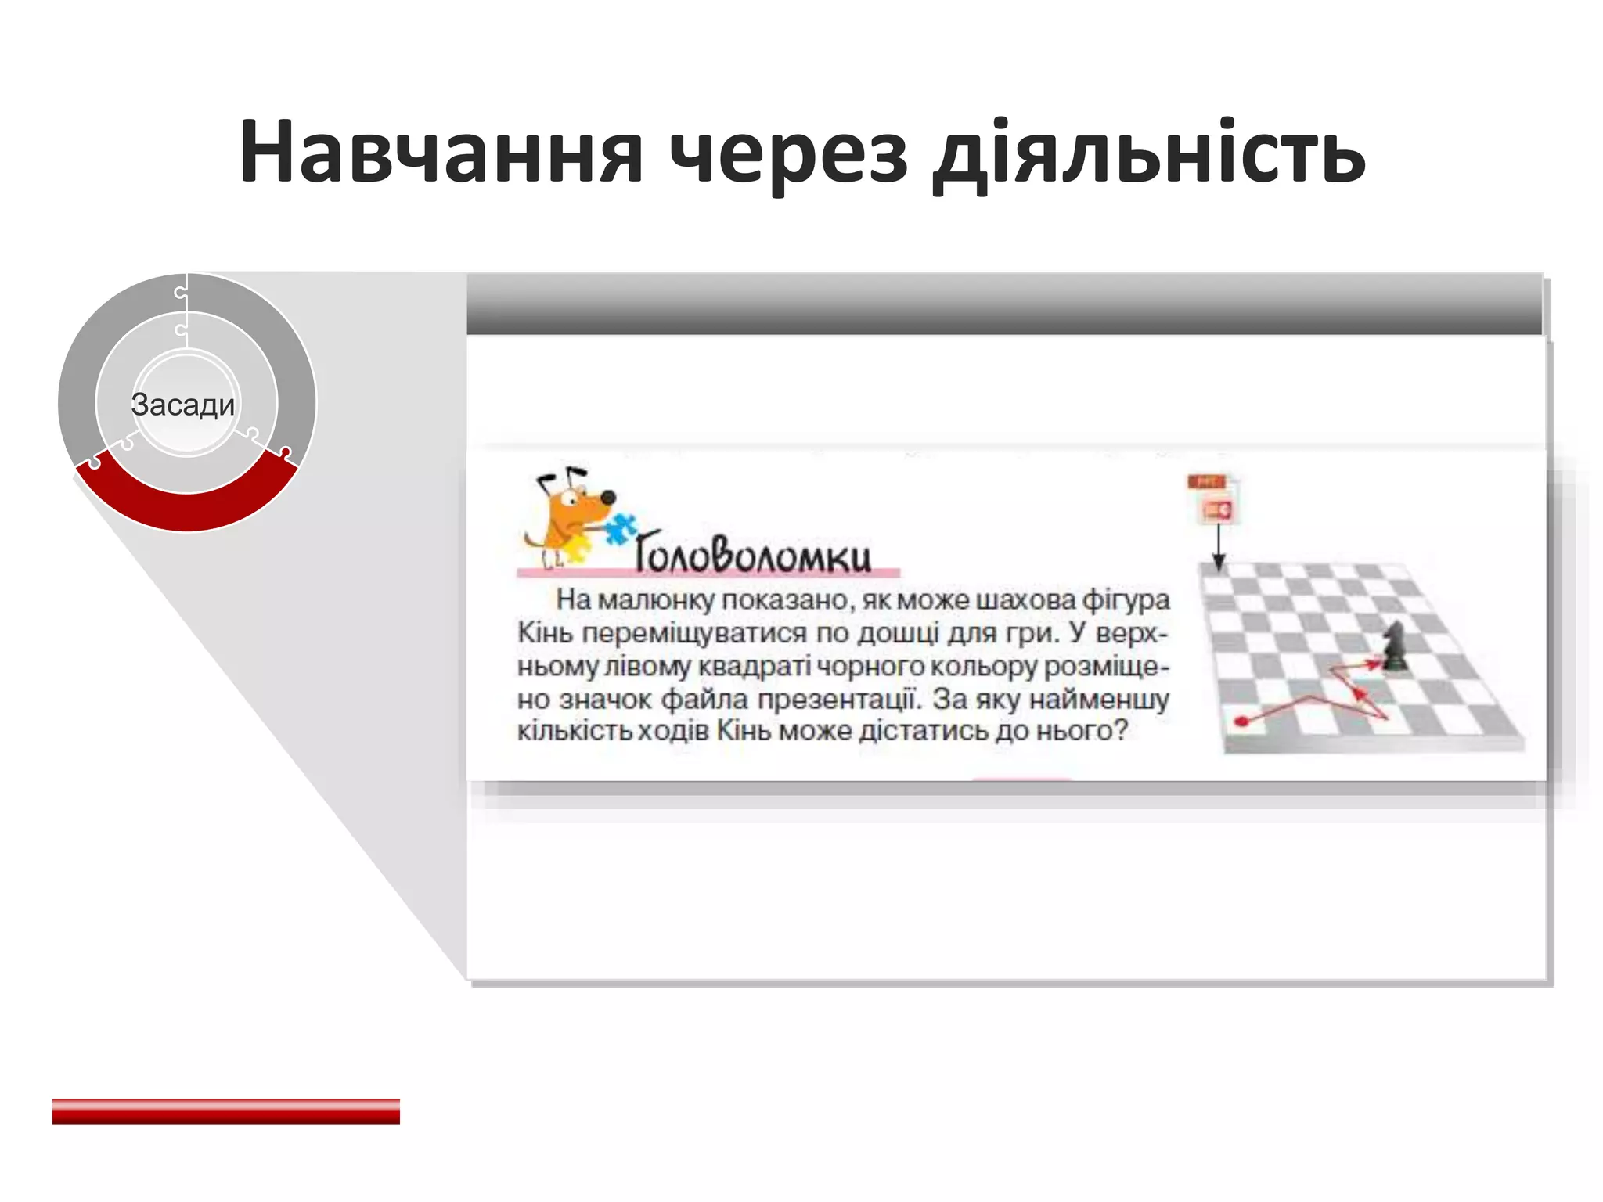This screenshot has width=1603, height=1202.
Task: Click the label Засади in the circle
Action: tap(183, 405)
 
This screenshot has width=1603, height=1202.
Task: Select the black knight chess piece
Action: tap(1392, 646)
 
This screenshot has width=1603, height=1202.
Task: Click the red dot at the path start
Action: tap(1241, 721)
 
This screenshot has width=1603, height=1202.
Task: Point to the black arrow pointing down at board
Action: tap(1219, 548)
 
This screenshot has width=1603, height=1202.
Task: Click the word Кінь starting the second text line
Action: tap(545, 633)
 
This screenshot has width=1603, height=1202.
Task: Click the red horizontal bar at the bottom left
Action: tap(226, 1111)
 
